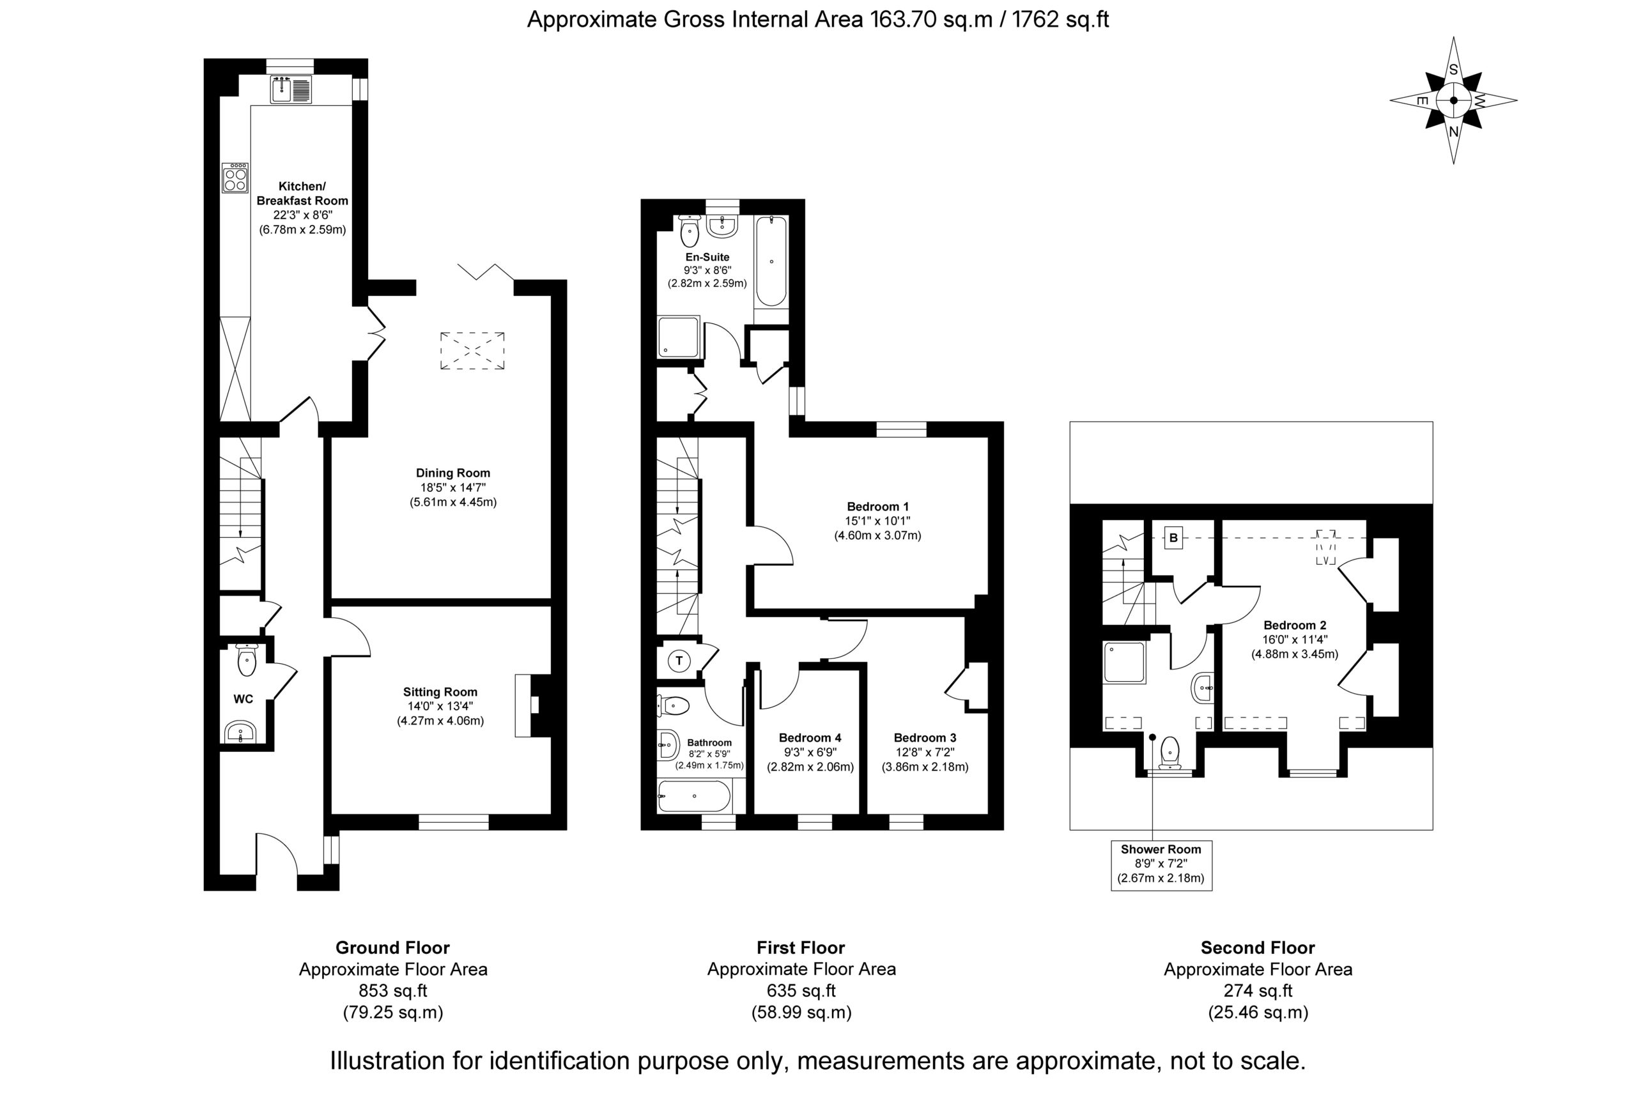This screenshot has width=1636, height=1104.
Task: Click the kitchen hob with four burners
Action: point(235,178)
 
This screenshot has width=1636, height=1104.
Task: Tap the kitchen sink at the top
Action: point(291,89)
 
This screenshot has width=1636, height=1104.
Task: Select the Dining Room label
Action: point(452,473)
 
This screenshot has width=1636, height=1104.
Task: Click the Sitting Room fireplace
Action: point(532,706)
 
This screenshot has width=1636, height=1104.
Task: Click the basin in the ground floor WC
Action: point(240,732)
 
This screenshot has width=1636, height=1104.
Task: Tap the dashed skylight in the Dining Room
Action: point(472,350)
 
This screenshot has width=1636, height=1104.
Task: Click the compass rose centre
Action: point(1454,100)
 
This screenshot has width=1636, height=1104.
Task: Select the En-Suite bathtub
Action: point(771,262)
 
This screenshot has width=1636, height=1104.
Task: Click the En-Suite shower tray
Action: point(679,337)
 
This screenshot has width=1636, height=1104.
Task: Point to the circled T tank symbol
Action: point(679,661)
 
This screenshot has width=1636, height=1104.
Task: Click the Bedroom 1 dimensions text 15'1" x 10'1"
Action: point(878,521)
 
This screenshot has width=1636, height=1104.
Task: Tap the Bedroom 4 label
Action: point(810,737)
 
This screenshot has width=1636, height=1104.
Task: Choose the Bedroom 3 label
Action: point(925,737)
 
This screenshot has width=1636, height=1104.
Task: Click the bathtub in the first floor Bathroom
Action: point(695,796)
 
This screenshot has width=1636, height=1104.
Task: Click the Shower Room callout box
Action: point(1162,866)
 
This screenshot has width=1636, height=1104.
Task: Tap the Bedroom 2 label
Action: point(1295,625)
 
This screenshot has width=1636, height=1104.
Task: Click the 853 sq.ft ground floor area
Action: point(393,991)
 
